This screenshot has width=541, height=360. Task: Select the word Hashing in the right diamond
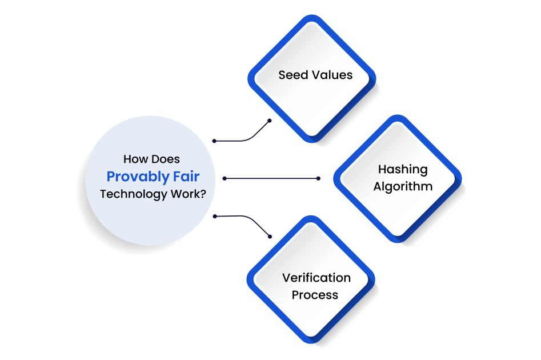tap(403, 170)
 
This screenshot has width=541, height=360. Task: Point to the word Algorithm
tap(403, 186)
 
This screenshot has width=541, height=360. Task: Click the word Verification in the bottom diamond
tap(316, 278)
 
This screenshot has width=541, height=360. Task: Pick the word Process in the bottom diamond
tap(315, 295)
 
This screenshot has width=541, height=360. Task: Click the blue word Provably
tap(135, 177)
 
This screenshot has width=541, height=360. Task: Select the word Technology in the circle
tap(133, 194)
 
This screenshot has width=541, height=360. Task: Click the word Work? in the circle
tap(188, 194)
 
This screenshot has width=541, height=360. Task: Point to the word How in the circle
tap(135, 159)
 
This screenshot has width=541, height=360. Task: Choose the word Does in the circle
tap(167, 159)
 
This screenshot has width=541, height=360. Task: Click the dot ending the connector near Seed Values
tap(270, 121)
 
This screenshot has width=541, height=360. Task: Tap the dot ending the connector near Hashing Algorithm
tap(318, 178)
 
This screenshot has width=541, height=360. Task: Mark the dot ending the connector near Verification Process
tap(270, 236)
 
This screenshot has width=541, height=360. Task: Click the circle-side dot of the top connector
tap(214, 141)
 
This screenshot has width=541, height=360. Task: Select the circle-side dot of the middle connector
tap(225, 178)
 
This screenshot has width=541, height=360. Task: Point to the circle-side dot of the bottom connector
tap(214, 216)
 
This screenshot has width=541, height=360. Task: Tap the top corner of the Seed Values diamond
tap(311, 15)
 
